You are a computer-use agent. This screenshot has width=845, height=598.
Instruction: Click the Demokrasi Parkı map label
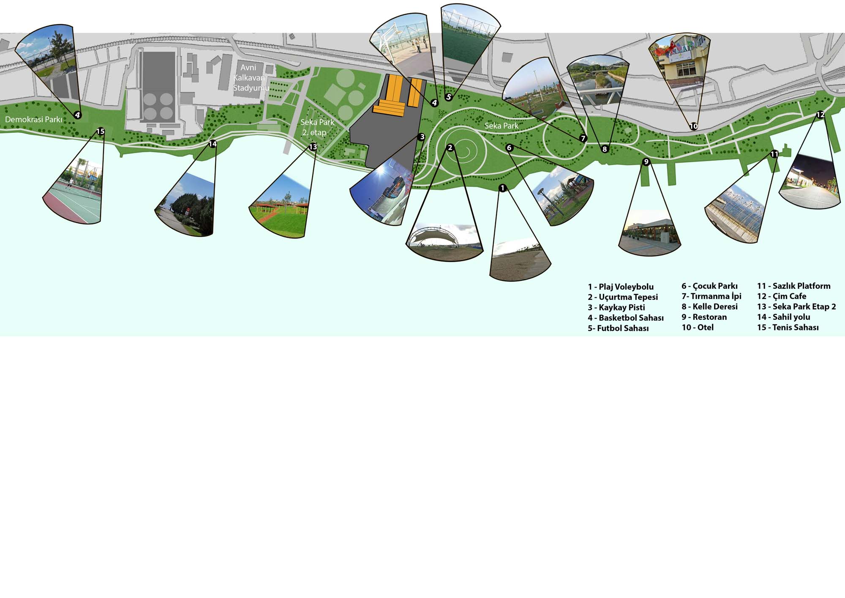[x=34, y=120]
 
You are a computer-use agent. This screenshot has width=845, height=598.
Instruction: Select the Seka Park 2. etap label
[x=317, y=127]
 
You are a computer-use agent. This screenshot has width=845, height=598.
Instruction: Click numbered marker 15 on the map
[x=100, y=132]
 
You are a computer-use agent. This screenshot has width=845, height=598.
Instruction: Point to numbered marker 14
[x=213, y=144]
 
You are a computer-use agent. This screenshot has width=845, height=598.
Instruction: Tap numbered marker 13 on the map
[x=313, y=147]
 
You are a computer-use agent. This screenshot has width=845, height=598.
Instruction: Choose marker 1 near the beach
[x=502, y=188]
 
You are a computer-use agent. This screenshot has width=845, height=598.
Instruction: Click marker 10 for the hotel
[x=693, y=126]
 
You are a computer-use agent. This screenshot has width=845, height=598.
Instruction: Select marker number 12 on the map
[x=820, y=115]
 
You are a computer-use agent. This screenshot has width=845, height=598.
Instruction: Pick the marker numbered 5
[x=449, y=97]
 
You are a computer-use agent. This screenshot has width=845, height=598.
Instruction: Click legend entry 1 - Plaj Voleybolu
[x=621, y=287]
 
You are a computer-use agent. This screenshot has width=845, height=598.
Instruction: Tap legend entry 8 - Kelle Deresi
[x=709, y=307]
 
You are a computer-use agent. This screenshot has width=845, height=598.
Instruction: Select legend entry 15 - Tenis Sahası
[x=788, y=327]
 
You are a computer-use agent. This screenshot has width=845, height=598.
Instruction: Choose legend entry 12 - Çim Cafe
[x=782, y=296]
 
